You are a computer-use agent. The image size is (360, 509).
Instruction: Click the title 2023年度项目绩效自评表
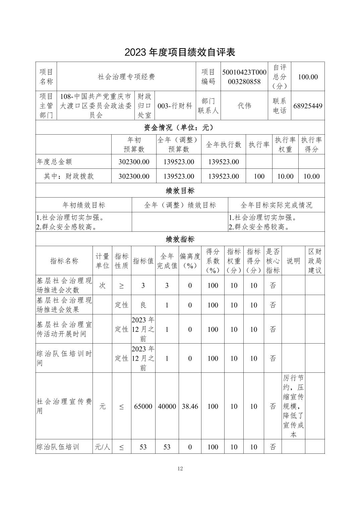click(x=180, y=52)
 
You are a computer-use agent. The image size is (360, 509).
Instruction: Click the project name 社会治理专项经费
click(x=126, y=77)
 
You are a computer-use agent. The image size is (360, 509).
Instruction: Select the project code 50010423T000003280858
click(x=244, y=77)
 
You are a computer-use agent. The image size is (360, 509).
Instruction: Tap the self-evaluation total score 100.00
click(x=308, y=77)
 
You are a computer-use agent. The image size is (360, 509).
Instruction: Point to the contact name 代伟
click(x=244, y=106)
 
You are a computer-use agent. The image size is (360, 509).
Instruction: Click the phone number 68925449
click(x=308, y=106)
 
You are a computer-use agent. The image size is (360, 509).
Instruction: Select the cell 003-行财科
click(x=175, y=106)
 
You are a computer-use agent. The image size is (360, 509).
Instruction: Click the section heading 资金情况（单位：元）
click(x=180, y=128)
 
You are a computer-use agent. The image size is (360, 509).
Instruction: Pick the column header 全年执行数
click(x=224, y=145)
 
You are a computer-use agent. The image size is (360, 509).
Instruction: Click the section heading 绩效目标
click(x=180, y=191)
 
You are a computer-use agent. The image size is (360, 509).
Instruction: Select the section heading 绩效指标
click(x=180, y=239)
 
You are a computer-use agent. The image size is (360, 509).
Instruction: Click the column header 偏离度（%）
click(x=190, y=261)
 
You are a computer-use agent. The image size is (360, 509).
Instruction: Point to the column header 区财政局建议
click(x=315, y=261)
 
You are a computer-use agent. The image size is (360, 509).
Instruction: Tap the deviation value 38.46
click(x=190, y=406)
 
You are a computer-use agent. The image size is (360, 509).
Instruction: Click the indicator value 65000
click(x=143, y=406)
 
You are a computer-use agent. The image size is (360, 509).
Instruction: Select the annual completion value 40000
click(x=167, y=406)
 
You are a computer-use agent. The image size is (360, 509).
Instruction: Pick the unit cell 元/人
click(x=103, y=447)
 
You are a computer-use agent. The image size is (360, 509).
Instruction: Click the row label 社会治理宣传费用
click(x=64, y=406)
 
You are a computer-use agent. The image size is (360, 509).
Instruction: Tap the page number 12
click(x=180, y=468)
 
